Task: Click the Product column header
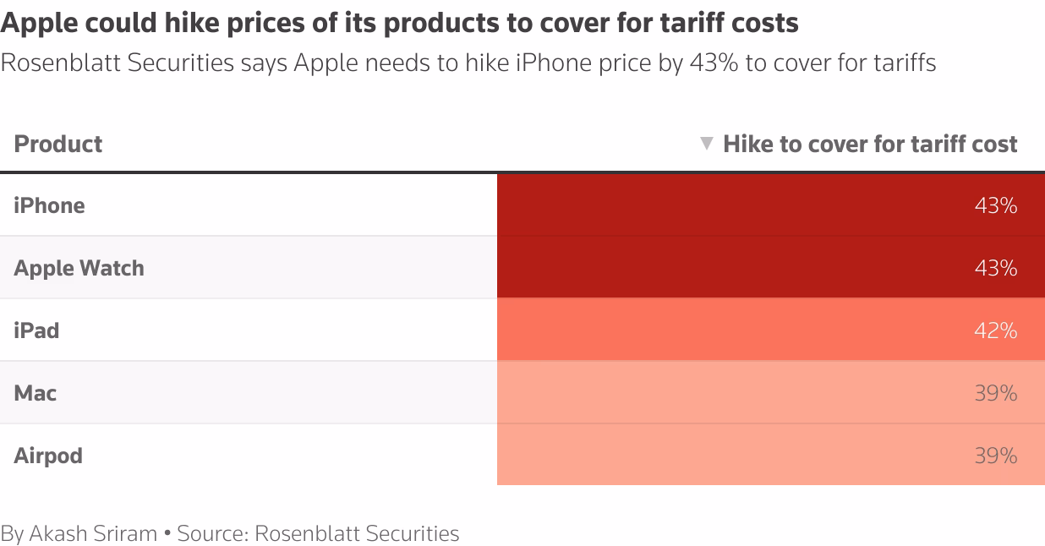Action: [58, 144]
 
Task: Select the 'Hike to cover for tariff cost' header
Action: [870, 144]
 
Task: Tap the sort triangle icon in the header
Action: [707, 144]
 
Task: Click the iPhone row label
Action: [49, 205]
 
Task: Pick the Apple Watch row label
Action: [79, 268]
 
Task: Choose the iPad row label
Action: [36, 330]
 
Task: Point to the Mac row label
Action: [36, 393]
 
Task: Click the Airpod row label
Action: [48, 456]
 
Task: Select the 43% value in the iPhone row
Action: [995, 205]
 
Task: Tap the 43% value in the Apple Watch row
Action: [995, 268]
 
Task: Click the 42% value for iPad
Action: [995, 330]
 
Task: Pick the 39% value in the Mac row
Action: [995, 393]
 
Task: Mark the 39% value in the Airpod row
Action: [995, 456]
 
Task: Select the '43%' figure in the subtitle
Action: [714, 63]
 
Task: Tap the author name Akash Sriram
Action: [93, 533]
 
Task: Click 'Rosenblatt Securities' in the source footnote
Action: [356, 533]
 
